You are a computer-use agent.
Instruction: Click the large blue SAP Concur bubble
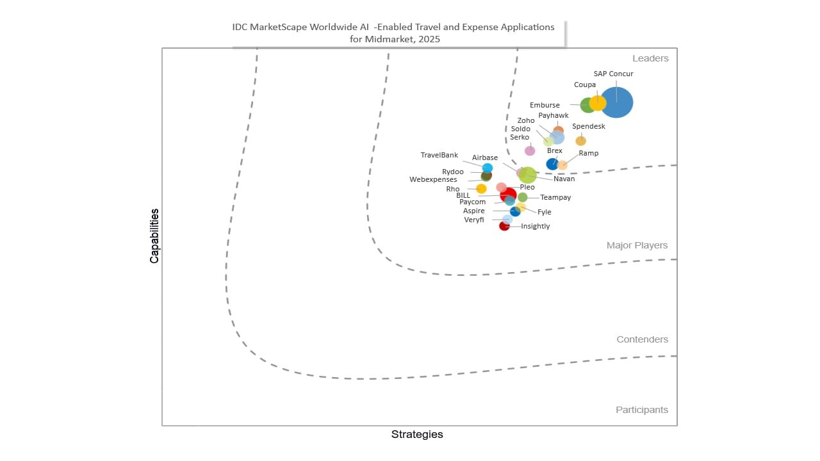click(617, 102)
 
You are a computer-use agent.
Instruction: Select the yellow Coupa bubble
click(598, 103)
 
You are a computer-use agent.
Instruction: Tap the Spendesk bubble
click(580, 141)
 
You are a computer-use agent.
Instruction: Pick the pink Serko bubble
click(530, 150)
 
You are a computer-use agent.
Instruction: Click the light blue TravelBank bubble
click(488, 168)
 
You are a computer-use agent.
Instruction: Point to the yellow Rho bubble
click(481, 189)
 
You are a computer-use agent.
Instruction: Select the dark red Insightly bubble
click(504, 226)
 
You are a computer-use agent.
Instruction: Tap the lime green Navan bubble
click(528, 175)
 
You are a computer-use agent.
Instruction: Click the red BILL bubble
click(509, 195)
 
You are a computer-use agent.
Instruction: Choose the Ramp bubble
click(562, 165)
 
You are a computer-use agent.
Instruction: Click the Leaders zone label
click(650, 58)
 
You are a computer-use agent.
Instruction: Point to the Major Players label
click(637, 245)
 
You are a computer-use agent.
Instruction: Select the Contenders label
click(642, 339)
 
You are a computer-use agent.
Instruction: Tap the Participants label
click(642, 410)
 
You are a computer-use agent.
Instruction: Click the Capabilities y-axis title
click(154, 236)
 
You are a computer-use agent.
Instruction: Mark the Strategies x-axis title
click(417, 434)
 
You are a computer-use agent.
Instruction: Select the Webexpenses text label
click(433, 180)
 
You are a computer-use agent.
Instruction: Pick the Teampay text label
click(555, 197)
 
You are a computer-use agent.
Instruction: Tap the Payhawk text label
click(553, 116)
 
